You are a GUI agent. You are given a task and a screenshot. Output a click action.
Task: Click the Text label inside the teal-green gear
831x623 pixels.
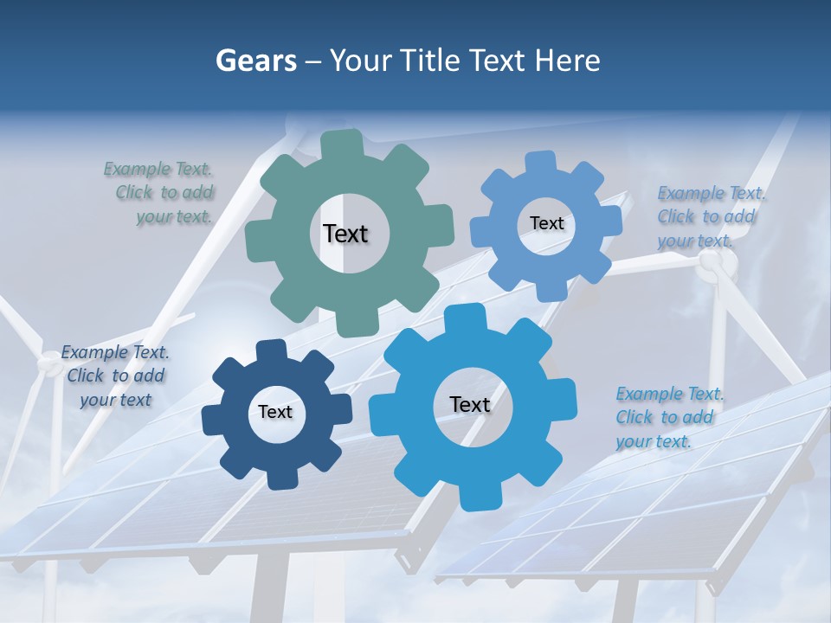point(345,234)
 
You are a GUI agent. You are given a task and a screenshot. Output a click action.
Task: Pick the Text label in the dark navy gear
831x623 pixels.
point(275,413)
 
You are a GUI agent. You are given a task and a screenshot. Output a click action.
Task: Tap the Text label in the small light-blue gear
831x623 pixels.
point(546,223)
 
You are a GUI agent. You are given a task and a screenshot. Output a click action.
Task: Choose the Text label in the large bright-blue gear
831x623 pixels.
point(470,404)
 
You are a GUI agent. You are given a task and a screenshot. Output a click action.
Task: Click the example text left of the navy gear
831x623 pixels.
point(115,376)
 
